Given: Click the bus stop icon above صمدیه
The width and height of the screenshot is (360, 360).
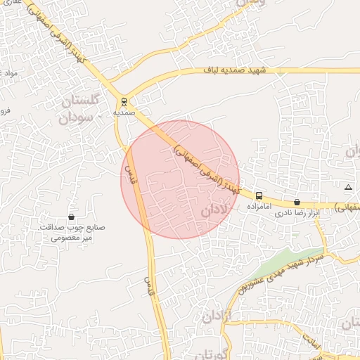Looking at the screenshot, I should click(124, 101).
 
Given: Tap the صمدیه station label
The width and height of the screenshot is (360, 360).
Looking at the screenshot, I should click(124, 112).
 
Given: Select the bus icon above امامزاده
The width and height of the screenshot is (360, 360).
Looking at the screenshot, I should click(259, 195).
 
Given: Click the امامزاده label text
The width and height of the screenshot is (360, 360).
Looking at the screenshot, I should click(259, 208).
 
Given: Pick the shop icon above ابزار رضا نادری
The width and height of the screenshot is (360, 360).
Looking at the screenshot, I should click(297, 202).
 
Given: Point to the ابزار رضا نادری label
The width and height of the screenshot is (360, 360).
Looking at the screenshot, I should click(297, 212).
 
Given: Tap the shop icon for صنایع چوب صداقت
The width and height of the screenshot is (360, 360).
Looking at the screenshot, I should click(71, 217).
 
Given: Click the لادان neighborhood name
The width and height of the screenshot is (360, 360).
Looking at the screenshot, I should click(214, 210).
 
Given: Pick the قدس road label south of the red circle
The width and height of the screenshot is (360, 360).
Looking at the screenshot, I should click(148, 284).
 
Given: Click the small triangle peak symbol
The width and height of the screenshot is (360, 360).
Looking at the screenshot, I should click(348, 187).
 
